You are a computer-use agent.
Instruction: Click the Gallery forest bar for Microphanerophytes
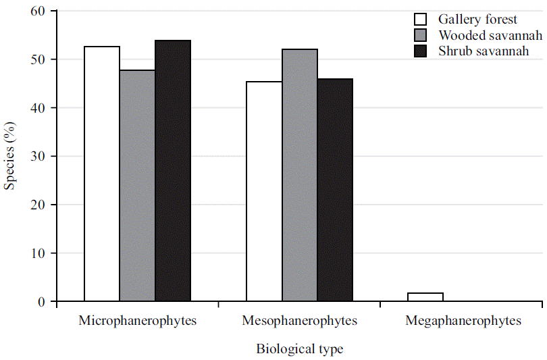coord(102,174)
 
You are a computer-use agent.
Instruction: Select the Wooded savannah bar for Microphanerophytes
coord(137,186)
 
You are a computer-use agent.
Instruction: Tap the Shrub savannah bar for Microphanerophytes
coord(173,171)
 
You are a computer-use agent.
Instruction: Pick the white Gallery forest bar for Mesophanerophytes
coord(264,191)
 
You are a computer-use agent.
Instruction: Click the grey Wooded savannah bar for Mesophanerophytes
coord(300,175)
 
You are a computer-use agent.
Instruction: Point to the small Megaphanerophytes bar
coord(425,297)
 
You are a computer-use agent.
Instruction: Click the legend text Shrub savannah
coord(481,51)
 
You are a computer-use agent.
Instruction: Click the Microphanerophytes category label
coord(137,321)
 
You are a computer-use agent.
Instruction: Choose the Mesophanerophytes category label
coord(299,321)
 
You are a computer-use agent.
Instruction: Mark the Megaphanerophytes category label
coord(463,321)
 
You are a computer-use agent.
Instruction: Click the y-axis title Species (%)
coord(9,156)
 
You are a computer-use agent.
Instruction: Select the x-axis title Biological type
coord(299,349)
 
